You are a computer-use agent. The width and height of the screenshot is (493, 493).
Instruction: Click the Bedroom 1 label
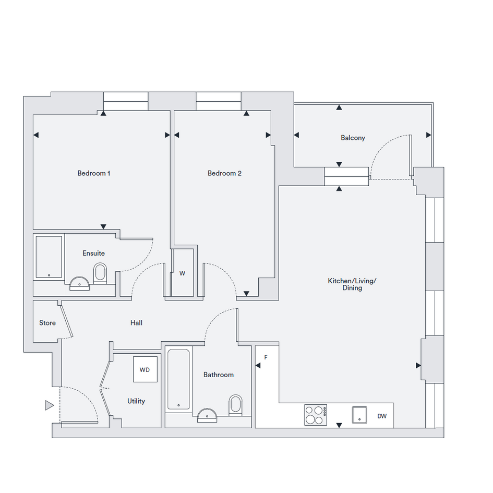pos(94,173)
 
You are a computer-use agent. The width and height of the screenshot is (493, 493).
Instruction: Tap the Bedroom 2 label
pos(224,173)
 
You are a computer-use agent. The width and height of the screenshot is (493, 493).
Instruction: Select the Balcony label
pos(353,138)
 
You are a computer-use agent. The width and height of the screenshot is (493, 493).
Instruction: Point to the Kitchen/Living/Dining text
pos(352,284)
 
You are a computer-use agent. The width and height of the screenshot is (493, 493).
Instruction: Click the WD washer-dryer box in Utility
pos(145,369)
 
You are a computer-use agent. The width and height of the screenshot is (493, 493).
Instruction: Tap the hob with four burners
pos(316,415)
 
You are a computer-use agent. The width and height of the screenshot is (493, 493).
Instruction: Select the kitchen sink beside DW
pos(359,415)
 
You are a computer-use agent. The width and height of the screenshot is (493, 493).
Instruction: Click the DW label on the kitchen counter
pos(382,416)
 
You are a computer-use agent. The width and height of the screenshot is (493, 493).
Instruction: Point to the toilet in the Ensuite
pos(100,273)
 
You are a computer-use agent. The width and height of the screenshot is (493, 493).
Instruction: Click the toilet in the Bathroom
pos(235,405)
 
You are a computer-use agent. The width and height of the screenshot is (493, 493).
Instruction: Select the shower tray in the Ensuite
pos(49,257)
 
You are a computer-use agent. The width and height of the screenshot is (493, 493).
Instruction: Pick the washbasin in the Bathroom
pos(207,415)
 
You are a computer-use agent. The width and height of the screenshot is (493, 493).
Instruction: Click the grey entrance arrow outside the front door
pos(50,405)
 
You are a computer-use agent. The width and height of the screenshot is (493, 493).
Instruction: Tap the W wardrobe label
pos(183,273)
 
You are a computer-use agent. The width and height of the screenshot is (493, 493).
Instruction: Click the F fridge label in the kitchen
pos(266,357)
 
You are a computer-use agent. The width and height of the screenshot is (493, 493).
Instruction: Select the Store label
pos(47,323)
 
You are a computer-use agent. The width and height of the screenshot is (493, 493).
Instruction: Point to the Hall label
pos(136,323)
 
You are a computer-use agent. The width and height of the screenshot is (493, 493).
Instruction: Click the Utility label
pos(136,401)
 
